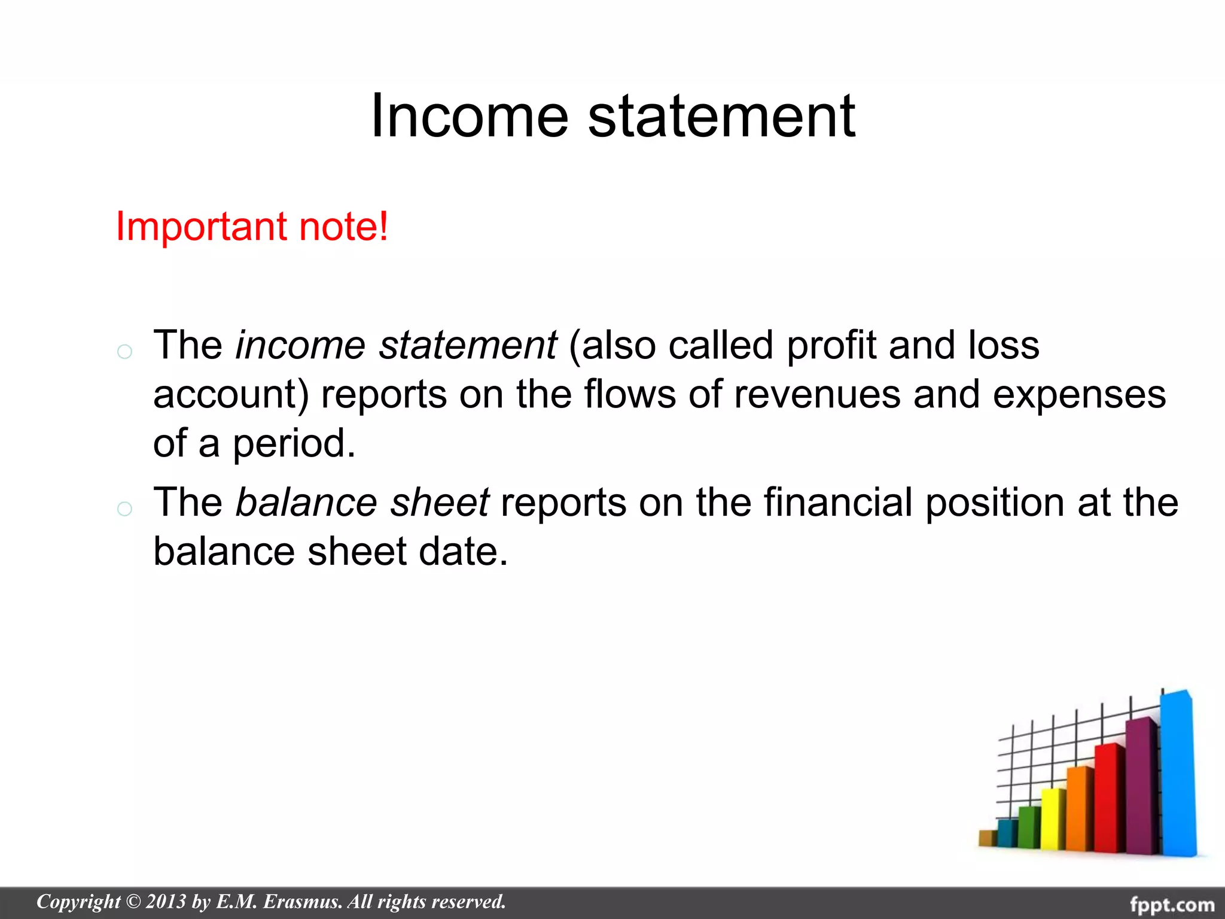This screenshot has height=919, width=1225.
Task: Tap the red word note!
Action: (x=343, y=227)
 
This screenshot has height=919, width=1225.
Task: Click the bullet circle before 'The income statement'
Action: (x=124, y=351)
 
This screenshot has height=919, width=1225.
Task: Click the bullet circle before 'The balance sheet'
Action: (x=124, y=509)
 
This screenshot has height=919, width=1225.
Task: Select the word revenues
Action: (x=817, y=395)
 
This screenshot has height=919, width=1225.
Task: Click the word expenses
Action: (x=1079, y=395)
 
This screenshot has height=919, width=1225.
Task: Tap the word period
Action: (x=294, y=444)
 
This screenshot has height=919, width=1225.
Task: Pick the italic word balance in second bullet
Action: (x=306, y=502)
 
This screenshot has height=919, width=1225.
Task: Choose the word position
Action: (x=995, y=502)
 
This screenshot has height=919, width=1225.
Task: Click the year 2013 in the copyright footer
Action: (x=166, y=902)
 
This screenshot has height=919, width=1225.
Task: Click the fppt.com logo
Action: (x=1172, y=904)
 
